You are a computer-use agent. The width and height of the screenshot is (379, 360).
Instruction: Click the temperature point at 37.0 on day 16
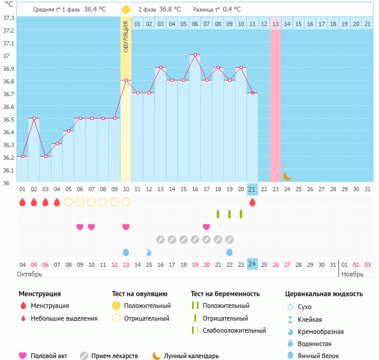(195, 55)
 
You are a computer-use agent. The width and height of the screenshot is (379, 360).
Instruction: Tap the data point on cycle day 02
(34, 119)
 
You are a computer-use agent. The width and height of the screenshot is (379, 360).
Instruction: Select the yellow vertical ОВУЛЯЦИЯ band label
(126, 36)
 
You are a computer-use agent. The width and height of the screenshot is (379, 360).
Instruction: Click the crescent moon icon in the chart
(288, 176)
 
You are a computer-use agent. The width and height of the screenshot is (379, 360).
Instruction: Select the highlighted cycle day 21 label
(252, 189)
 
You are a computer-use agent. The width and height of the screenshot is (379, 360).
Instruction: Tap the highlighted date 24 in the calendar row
(252, 264)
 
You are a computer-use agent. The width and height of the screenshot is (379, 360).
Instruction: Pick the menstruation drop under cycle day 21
(252, 202)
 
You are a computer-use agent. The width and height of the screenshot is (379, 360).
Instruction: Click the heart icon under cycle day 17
(206, 227)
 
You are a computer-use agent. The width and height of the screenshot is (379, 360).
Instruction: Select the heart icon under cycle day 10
(126, 227)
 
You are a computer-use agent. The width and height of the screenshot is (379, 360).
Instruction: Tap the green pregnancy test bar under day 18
(218, 214)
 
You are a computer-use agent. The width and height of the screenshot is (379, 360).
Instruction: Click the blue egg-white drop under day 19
(229, 252)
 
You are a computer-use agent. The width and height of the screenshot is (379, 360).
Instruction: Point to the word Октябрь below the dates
(30, 274)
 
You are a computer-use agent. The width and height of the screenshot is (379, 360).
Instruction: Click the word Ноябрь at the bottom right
(352, 274)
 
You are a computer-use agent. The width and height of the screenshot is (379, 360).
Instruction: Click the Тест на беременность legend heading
(225, 294)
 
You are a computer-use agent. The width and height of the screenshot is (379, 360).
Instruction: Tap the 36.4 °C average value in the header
(95, 10)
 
